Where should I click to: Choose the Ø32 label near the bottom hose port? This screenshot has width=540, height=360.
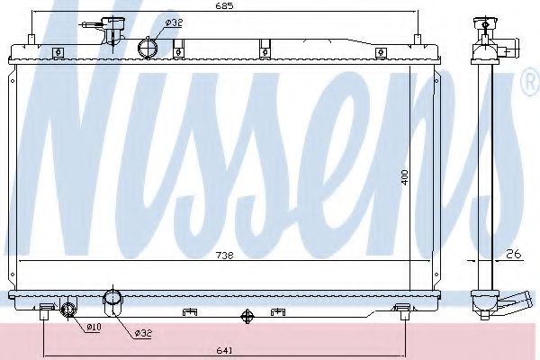click(x=142, y=333)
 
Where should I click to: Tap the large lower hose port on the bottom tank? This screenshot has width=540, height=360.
click(x=114, y=301)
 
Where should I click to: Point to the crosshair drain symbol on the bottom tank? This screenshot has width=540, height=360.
click(x=248, y=316)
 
